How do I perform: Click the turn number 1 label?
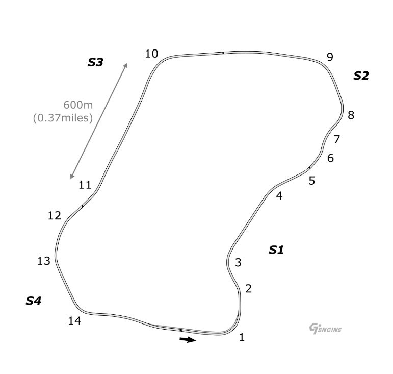click(242, 337)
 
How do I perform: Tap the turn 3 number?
click(238, 263)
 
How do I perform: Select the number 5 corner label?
click(312, 181)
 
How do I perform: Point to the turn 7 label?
click(337, 139)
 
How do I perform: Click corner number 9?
click(330, 57)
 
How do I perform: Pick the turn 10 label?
click(151, 54)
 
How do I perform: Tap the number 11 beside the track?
click(85, 185)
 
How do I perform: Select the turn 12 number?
click(55, 216)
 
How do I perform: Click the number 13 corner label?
click(44, 261)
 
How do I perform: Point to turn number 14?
click(75, 321)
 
